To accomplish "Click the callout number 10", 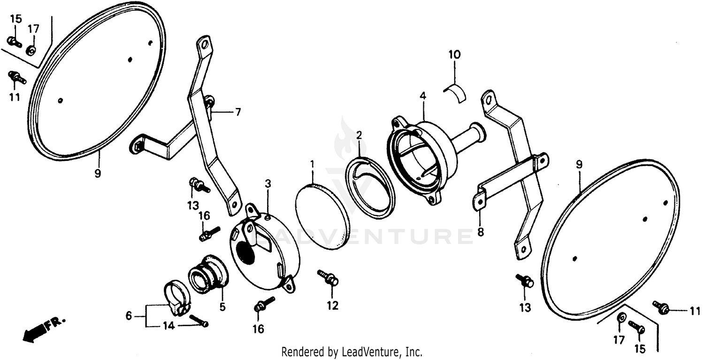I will [455, 55].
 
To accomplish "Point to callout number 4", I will [423, 96].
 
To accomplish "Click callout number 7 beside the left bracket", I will [238, 112].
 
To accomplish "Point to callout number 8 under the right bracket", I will [480, 232].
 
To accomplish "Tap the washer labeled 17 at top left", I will [32, 49].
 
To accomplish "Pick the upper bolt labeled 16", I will [208, 233].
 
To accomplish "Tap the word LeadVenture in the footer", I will [371, 352].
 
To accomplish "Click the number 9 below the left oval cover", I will [98, 173].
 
